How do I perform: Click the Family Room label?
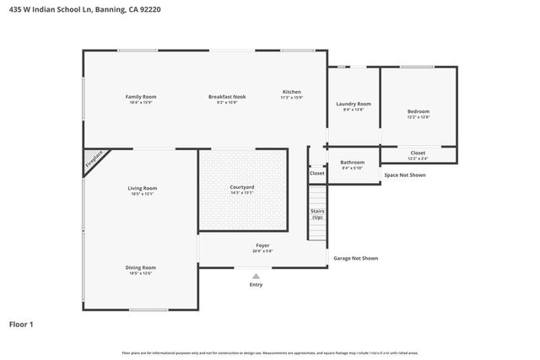(x=141, y=97)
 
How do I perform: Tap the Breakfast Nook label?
(x=226, y=97)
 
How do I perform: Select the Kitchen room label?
(x=291, y=92)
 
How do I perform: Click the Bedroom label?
(x=418, y=111)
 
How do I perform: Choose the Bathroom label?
(x=352, y=162)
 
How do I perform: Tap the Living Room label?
(x=143, y=188)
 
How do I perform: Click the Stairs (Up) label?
(x=317, y=214)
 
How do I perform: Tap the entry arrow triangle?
(x=256, y=275)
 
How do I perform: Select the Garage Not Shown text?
(x=355, y=258)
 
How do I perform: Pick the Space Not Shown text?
(x=405, y=175)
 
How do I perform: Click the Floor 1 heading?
(x=22, y=323)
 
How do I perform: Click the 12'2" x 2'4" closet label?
(x=418, y=155)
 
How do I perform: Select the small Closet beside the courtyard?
(x=316, y=173)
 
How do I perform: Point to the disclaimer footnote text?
(x=269, y=353)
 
